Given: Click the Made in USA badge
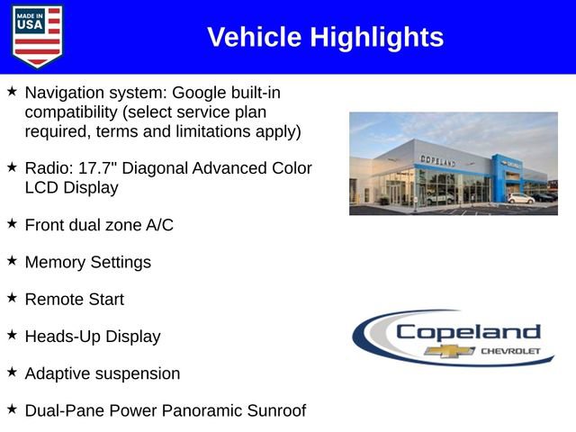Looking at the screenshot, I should pos(38,36).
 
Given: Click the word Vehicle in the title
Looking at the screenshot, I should pos(255,37).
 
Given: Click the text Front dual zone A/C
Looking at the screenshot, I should pos(99,225).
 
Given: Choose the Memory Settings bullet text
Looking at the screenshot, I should pos(87,262).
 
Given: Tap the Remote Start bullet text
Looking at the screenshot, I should pos(74,299).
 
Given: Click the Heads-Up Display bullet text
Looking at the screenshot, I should pos(92,336).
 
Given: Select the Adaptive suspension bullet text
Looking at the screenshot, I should pos(102,373).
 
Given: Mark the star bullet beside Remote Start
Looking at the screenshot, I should pos(12,297).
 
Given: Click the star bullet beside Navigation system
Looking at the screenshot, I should pos(12,91).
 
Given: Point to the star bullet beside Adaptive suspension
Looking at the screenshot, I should pos(12,371).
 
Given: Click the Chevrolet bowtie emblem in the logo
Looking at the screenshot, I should pos(449,351).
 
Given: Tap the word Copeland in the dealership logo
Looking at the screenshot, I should pos(468,331).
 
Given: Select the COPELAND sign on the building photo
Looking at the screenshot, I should pos(437,160).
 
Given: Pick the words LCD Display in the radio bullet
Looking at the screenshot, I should pos(71,188).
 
